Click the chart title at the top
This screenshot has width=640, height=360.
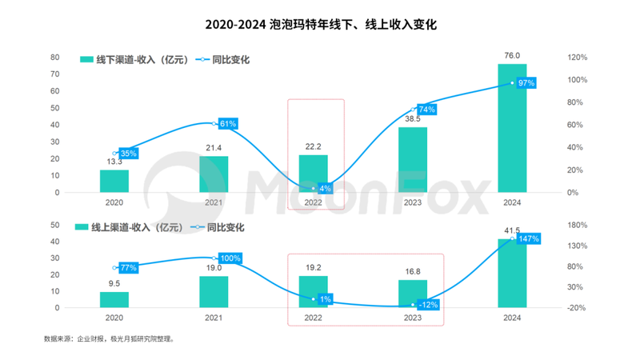coord(320,25)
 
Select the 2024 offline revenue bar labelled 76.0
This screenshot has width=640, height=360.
coord(513,128)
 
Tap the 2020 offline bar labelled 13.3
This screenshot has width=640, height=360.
coord(114,181)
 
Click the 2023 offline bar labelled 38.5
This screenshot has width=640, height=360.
coord(413,160)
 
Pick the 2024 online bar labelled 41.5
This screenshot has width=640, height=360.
coord(513,273)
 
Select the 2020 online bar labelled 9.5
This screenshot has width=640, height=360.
coord(114,300)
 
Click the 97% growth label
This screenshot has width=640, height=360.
coord(526,82)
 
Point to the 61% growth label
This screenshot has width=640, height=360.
coord(227,124)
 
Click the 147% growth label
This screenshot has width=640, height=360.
coord(527,238)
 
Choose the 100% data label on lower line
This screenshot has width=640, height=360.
coord(230,258)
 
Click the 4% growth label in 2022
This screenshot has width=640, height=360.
coord(325,189)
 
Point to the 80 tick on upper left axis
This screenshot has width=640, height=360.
coord(55,58)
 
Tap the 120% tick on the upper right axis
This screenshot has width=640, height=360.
coord(578,58)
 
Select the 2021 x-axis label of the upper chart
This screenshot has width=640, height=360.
coord(214,203)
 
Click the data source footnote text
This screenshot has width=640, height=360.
coord(109,338)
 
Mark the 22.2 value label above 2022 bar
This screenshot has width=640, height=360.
coord(314,145)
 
